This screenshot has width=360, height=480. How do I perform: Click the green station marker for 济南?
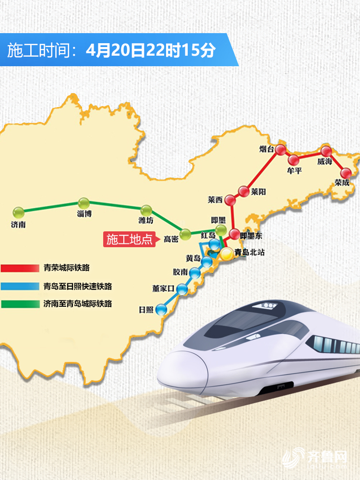click(18, 212)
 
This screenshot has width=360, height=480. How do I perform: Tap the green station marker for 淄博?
click(84, 203)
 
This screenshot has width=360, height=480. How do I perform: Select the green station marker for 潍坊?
click(146, 210)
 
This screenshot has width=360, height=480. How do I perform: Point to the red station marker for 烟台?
click(280, 149)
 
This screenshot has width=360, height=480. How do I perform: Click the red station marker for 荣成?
click(345, 173)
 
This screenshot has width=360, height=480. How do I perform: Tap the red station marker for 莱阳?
click(244, 190)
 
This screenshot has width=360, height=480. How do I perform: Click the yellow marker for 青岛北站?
click(227, 252)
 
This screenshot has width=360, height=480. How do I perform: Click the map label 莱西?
click(215, 199)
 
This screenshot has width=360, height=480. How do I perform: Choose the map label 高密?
click(171, 239)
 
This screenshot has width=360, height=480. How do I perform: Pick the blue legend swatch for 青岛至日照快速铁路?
click(19, 286)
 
